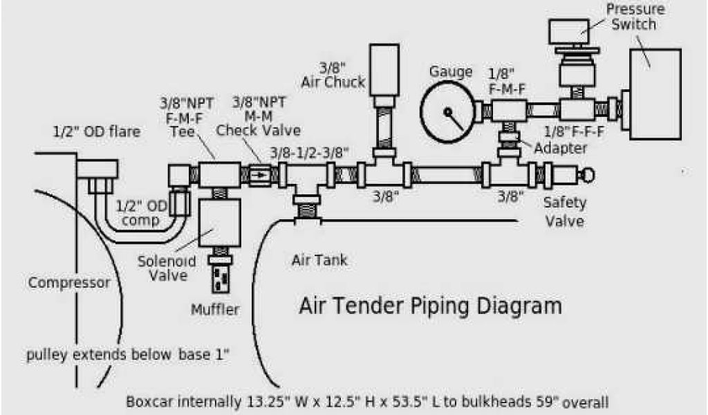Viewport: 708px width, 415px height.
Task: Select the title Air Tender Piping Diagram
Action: point(429,305)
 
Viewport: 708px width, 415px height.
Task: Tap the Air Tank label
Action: point(319,261)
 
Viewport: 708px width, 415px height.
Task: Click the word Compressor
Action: point(69,282)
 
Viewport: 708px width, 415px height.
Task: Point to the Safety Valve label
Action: point(564,212)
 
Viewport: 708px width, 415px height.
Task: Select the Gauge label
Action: point(451,72)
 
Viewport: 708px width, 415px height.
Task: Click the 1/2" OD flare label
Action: point(96,131)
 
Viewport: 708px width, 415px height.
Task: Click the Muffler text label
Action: point(215,309)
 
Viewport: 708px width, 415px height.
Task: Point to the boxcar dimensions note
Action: point(367,402)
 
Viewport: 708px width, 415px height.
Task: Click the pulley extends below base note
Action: point(128,356)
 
